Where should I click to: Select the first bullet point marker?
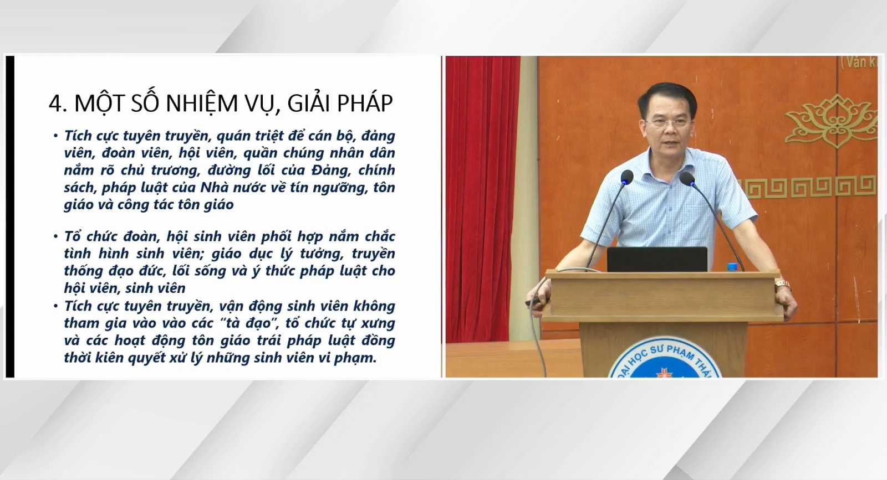[56, 136]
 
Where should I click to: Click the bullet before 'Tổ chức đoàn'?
[56, 236]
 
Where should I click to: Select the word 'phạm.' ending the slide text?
[355, 358]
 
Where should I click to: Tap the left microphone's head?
[627, 177]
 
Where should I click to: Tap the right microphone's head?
[687, 179]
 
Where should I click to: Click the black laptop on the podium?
[657, 259]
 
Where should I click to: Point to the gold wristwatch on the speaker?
[782, 284]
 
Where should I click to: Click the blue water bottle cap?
[732, 266]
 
